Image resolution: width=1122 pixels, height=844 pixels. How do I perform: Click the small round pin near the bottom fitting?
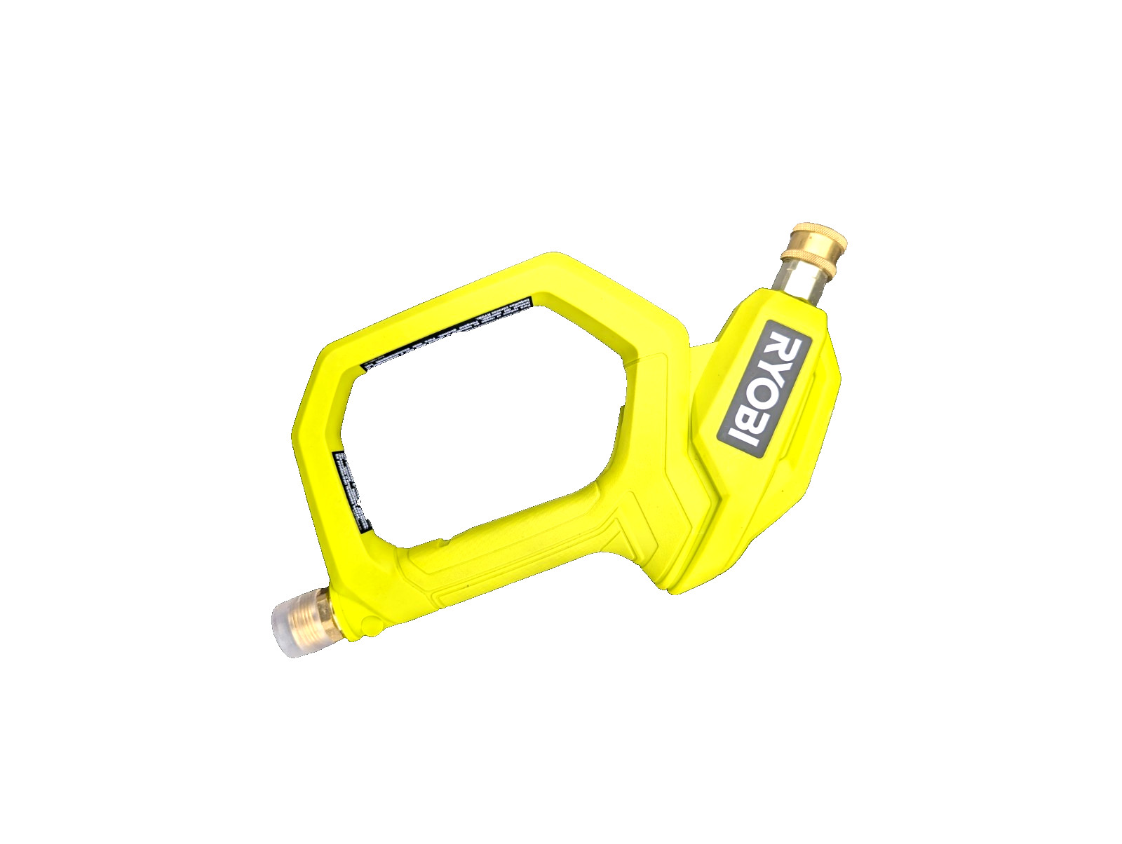[367, 620]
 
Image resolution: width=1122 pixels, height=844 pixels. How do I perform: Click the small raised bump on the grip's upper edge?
[449, 540]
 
